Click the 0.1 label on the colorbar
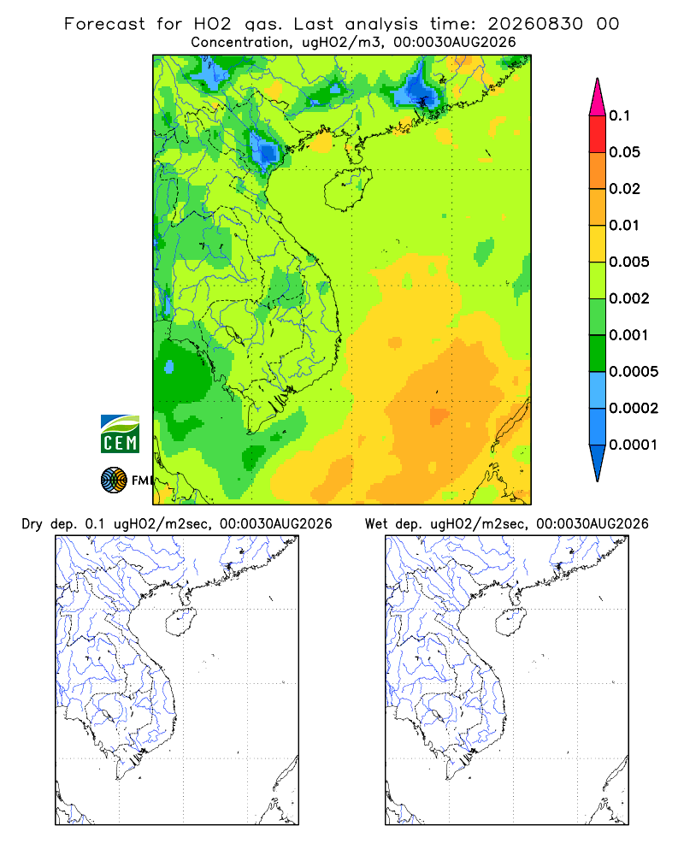click(619, 115)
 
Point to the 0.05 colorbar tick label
click(624, 152)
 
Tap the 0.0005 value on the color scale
click(634, 372)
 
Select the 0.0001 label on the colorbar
click(634, 445)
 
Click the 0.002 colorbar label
click(629, 298)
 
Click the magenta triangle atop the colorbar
click(598, 97)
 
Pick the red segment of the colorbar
click(598, 134)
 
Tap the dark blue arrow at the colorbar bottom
click(598, 463)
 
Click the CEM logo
click(120, 434)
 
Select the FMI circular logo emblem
click(114, 481)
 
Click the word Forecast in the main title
click(104, 24)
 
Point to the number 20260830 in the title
click(535, 24)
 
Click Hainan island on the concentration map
click(348, 189)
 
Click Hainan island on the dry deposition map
click(180, 622)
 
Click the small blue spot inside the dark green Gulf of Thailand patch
click(169, 367)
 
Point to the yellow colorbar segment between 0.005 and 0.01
click(598, 244)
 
